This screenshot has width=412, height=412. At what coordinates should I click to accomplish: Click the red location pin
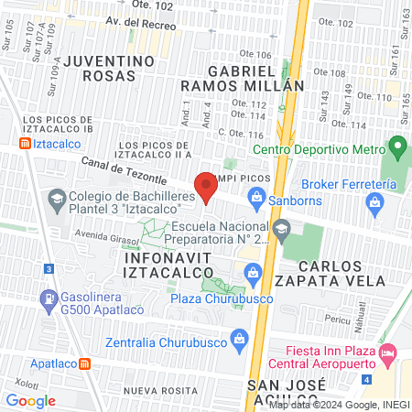click(x=207, y=187)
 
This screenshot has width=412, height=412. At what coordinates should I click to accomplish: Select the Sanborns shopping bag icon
click(x=257, y=197)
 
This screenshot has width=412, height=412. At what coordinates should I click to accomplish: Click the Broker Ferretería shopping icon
click(x=374, y=205)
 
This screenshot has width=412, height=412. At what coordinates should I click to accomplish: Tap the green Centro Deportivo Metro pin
click(x=396, y=146)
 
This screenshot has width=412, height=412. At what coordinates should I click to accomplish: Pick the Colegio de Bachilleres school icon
click(x=56, y=198)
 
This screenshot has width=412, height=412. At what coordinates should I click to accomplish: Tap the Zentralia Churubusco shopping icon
click(x=240, y=339)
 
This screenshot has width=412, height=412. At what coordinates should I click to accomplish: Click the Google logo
click(x=30, y=400)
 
